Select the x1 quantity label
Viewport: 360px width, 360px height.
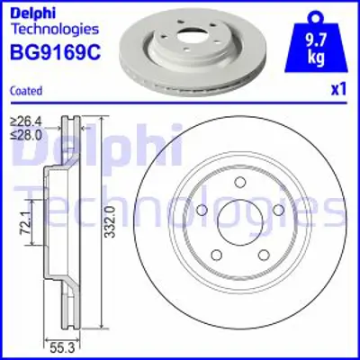coord(338,89)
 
